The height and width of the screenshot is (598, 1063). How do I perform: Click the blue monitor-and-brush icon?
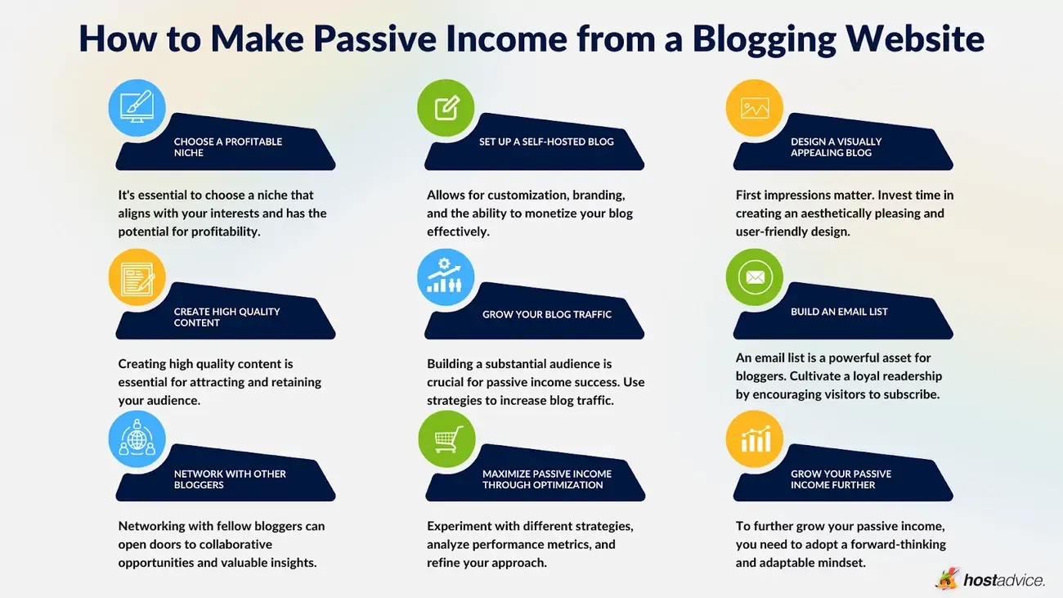pyautogui.click(x=137, y=107)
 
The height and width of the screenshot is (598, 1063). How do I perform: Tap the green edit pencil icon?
pyautogui.click(x=446, y=107)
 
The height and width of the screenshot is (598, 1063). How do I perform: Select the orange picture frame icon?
pyautogui.click(x=754, y=107)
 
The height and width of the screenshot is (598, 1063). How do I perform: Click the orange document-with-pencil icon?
pyautogui.click(x=137, y=277)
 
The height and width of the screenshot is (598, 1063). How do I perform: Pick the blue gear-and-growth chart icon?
pyautogui.click(x=446, y=277)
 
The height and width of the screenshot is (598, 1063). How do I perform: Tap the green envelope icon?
pyautogui.click(x=754, y=277)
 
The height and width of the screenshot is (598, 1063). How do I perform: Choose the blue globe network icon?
pyautogui.click(x=137, y=439)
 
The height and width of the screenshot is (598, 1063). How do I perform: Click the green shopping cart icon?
pyautogui.click(x=446, y=439)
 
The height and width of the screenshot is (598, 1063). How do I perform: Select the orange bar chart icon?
pyautogui.click(x=754, y=439)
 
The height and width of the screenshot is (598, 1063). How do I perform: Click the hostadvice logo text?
pyautogui.click(x=1003, y=580)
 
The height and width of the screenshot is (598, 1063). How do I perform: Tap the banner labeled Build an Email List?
pyautogui.click(x=839, y=312)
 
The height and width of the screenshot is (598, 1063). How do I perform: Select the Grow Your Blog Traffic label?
pyautogui.click(x=547, y=314)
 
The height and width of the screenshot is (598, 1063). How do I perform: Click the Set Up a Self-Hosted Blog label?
pyautogui.click(x=546, y=142)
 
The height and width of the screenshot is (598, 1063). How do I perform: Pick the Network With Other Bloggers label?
pyautogui.click(x=230, y=479)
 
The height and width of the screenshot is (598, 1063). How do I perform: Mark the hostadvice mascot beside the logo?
pyautogui.click(x=947, y=578)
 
